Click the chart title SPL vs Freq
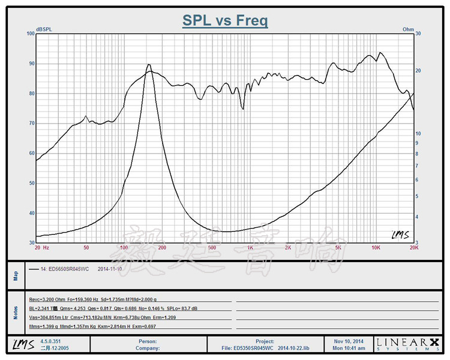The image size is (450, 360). tap(225, 21)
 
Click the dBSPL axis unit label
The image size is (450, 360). tap(44, 29)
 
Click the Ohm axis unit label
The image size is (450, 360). tap(408, 29)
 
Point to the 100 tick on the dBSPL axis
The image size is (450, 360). tap(31, 34)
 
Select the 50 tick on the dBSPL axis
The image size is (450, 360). tap(31, 184)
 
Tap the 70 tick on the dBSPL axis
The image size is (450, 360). tap(31, 124)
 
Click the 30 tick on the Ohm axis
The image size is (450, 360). tap(419, 34)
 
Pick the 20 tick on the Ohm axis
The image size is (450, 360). tap(419, 71)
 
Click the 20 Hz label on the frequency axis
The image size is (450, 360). tap(41, 247)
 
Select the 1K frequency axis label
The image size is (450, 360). tap(250, 247)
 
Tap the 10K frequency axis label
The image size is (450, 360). tap(376, 247)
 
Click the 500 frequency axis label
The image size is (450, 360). tap(212, 247)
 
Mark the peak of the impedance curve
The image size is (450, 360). tap(148, 65)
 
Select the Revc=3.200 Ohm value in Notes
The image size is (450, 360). tap(49, 298)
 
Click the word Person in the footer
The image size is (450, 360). tap(147, 340)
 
